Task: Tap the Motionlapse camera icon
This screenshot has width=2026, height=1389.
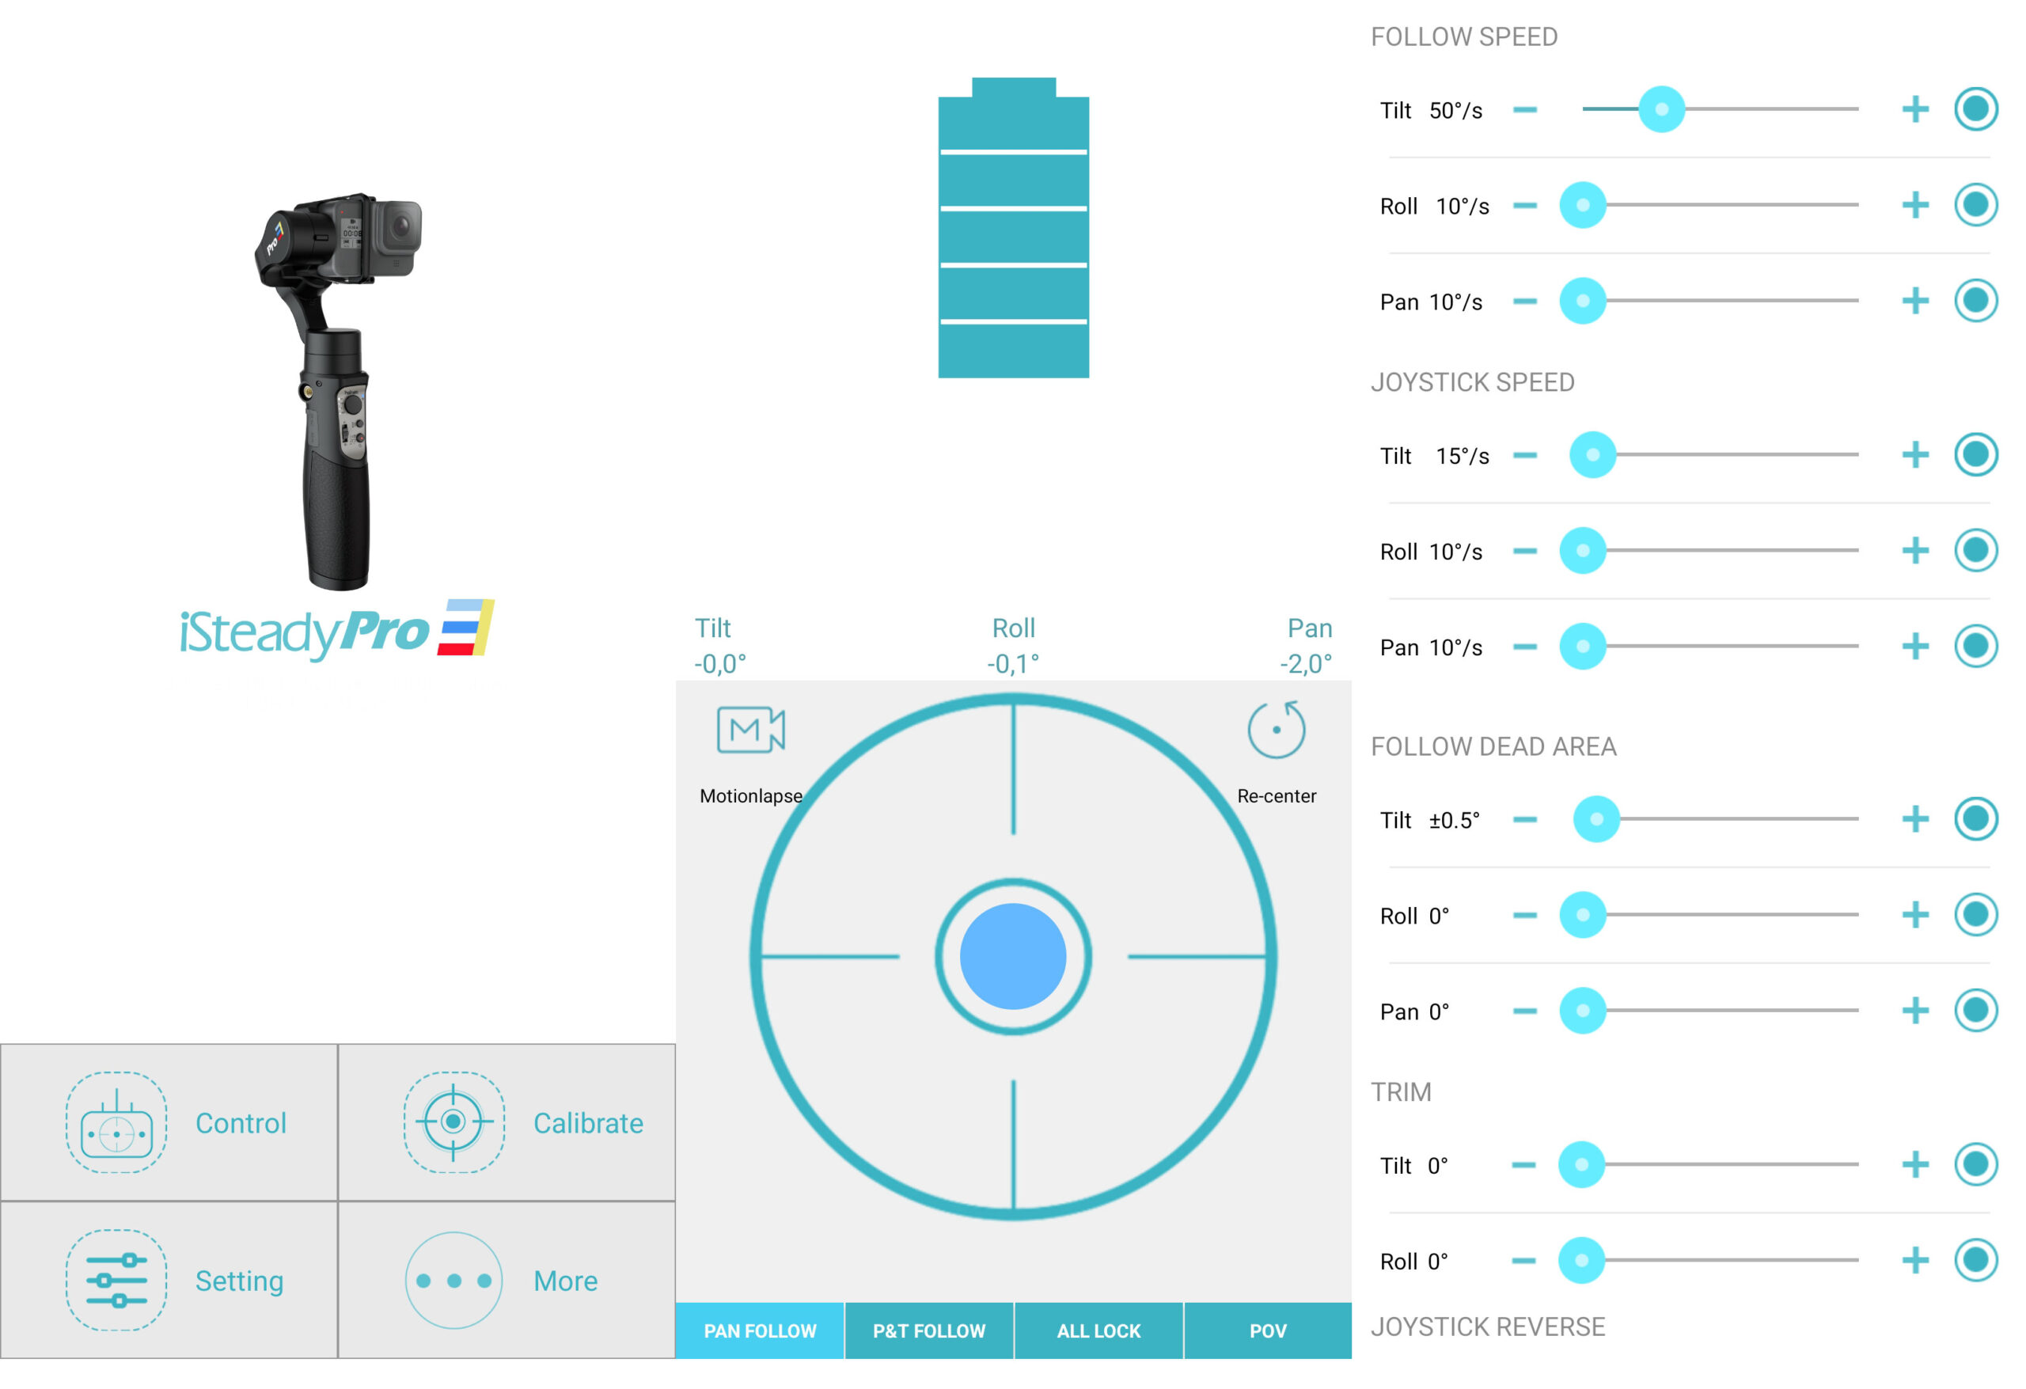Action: click(x=750, y=729)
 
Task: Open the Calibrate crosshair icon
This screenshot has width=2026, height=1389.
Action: click(x=453, y=1121)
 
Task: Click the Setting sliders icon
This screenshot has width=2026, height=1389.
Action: click(x=116, y=1280)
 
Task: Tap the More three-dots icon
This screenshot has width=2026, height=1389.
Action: click(x=453, y=1280)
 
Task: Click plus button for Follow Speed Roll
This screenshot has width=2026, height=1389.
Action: click(x=1914, y=205)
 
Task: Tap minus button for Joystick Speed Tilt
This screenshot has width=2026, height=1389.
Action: click(x=1525, y=454)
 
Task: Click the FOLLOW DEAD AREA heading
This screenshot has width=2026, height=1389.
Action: click(x=1493, y=746)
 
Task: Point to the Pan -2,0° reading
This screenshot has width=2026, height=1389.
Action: click(x=1306, y=645)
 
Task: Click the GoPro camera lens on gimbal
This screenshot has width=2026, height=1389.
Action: click(x=400, y=226)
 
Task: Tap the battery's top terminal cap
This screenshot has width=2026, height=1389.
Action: click(x=1013, y=87)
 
